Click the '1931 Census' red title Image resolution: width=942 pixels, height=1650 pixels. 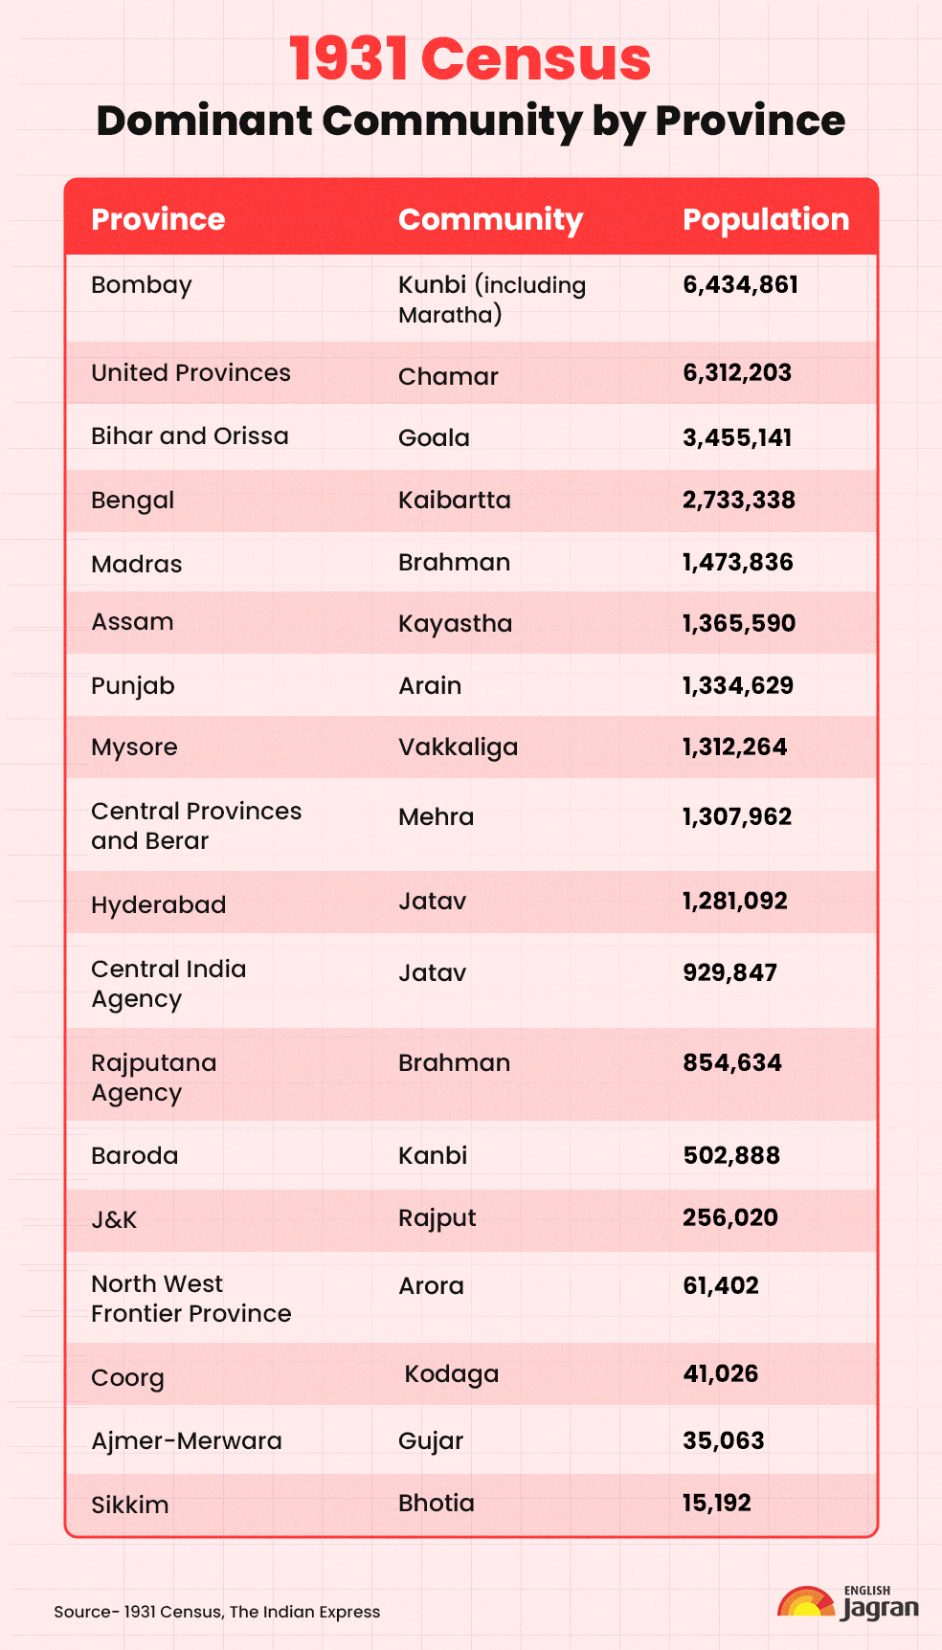pyautogui.click(x=470, y=59)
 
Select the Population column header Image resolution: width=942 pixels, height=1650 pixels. pyautogui.click(x=765, y=219)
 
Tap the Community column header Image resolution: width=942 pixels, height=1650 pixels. pyautogui.click(x=490, y=219)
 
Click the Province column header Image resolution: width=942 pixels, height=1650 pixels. pyautogui.click(x=158, y=219)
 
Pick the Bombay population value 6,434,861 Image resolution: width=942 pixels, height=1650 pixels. pyautogui.click(x=740, y=285)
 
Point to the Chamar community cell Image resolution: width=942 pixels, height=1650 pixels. pyautogui.click(x=448, y=376)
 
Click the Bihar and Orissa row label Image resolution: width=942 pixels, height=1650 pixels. pyautogui.click(x=190, y=436)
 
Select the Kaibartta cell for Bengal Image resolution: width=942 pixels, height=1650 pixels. pyautogui.click(x=454, y=500)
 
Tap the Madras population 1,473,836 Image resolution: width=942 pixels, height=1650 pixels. pyautogui.click(x=737, y=562)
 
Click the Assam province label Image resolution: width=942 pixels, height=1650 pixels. pyautogui.click(x=132, y=622)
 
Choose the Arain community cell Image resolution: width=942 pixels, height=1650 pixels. pyautogui.click(x=430, y=685)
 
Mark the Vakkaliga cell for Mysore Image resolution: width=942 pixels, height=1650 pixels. pyautogui.click(x=458, y=747)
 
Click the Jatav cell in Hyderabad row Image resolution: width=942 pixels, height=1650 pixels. pyautogui.click(x=432, y=901)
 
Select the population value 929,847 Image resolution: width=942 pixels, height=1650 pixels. pyautogui.click(x=729, y=972)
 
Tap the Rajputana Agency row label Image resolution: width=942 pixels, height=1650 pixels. pyautogui.click(x=153, y=1078)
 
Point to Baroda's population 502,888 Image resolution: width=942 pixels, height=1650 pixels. pyautogui.click(x=730, y=1155)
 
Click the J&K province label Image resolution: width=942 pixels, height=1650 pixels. pyautogui.click(x=114, y=1219)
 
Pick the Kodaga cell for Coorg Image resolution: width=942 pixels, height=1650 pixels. pyautogui.click(x=451, y=1374)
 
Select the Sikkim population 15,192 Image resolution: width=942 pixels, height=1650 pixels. pyautogui.click(x=716, y=1503)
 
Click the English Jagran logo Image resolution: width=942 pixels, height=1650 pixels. pyautogui.click(x=848, y=1604)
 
